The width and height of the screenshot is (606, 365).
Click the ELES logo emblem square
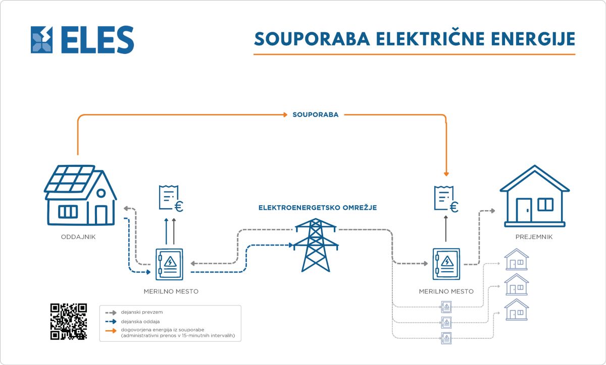(41, 40)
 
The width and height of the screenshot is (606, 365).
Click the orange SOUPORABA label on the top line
(316, 114)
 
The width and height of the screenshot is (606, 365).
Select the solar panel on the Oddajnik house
(70, 179)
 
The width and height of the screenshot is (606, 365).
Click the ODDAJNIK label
(78, 237)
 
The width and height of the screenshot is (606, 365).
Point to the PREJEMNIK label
(534, 237)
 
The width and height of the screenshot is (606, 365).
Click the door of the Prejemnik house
(524, 210)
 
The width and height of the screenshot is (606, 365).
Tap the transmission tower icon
(316, 245)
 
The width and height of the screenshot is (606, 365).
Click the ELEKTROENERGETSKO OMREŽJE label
(318, 208)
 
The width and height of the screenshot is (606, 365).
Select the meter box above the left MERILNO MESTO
(169, 264)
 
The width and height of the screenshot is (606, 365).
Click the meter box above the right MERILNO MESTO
(446, 264)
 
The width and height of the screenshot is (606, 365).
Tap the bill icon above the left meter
(171, 198)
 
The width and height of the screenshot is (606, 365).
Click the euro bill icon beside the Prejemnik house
(446, 199)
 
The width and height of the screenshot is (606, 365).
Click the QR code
(69, 322)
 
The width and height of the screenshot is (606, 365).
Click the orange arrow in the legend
(111, 330)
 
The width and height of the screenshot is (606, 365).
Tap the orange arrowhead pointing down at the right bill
(446, 174)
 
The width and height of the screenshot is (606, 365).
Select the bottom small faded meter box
(446, 338)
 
